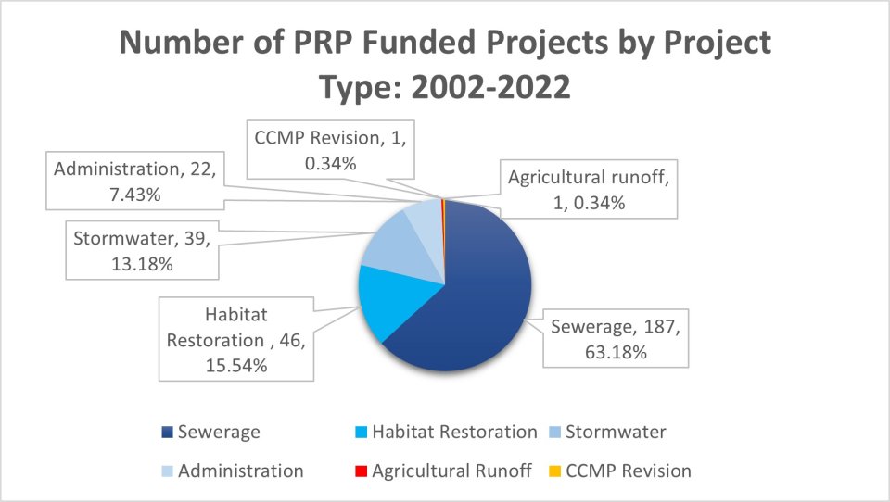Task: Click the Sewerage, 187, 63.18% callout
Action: (x=607, y=339)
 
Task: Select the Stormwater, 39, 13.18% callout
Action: (x=141, y=250)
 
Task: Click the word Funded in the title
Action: (x=454, y=44)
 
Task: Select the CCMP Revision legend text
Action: (x=630, y=471)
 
